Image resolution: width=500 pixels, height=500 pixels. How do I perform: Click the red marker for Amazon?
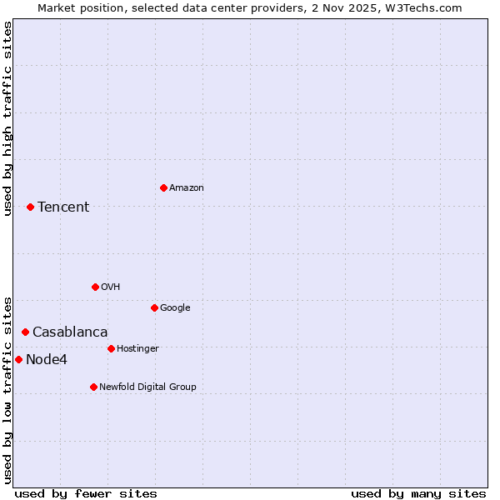(163, 187)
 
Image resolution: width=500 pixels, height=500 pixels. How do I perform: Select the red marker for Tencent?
(30, 207)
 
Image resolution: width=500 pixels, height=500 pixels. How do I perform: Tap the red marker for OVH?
(95, 287)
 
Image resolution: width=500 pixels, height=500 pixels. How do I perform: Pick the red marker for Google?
(154, 307)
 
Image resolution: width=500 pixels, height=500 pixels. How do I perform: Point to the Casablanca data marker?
(25, 332)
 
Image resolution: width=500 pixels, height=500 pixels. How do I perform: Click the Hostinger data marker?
(111, 348)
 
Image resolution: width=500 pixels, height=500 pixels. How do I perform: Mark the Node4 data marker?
(18, 359)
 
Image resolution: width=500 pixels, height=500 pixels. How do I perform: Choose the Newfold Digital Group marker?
(93, 387)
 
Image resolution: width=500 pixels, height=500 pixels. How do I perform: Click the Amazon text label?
(186, 188)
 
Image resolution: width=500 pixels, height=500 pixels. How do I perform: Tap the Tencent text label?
(63, 207)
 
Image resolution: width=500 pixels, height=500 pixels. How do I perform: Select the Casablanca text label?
(70, 332)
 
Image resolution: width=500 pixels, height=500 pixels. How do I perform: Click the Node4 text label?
(47, 360)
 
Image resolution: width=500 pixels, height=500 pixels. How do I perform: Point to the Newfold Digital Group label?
(147, 387)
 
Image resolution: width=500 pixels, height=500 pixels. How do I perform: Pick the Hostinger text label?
(137, 349)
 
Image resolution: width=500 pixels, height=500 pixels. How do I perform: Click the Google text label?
(175, 308)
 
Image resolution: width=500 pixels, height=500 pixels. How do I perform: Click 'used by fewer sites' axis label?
(86, 494)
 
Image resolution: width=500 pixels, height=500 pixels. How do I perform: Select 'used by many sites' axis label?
(418, 494)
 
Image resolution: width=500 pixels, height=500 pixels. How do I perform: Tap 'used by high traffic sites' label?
(7, 118)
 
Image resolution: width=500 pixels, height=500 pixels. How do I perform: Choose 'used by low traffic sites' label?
(7, 389)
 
